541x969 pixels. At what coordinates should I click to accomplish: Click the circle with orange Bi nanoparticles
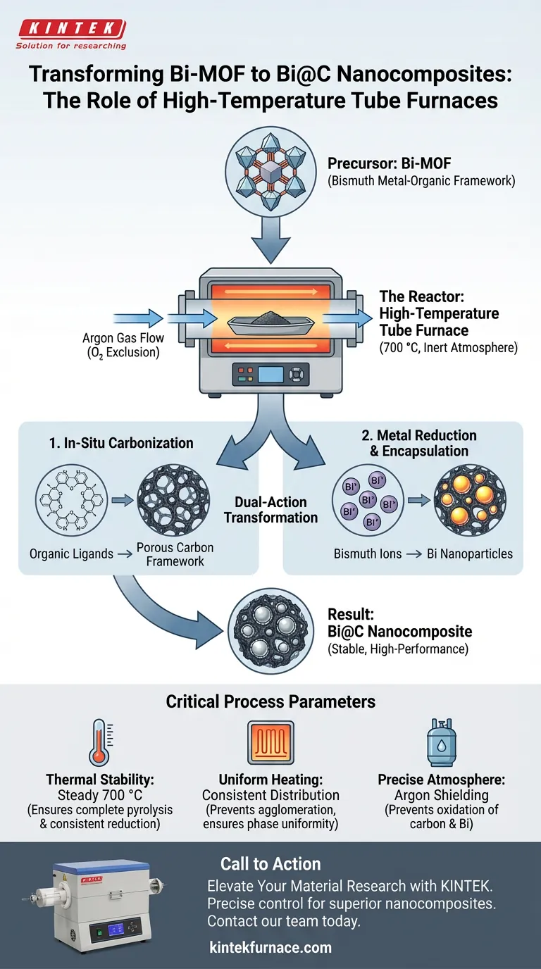tap(469, 501)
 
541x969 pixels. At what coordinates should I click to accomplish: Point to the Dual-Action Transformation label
tap(270, 510)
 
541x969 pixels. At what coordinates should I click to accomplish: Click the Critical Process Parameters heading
tap(270, 701)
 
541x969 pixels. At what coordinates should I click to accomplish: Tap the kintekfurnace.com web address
tap(270, 947)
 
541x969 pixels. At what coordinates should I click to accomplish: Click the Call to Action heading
tap(270, 864)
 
